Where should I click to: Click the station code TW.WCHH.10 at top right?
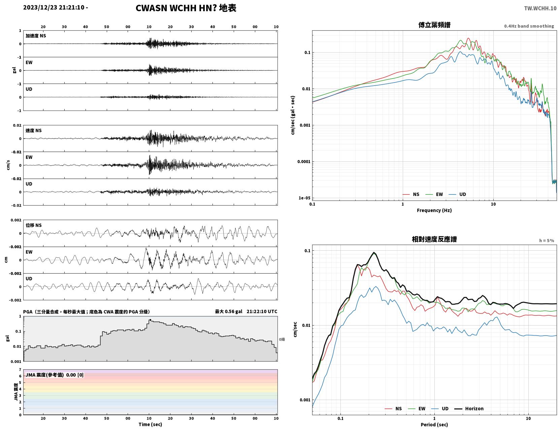pos(540,8)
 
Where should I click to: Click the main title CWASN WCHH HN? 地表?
pos(186,8)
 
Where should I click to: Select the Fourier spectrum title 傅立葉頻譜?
pos(434,25)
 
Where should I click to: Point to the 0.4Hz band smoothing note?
pos(529,26)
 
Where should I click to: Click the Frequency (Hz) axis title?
pos(434,210)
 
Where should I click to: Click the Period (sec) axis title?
pos(434,425)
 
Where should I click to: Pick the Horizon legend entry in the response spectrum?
pos(469,408)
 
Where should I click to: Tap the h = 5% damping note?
pos(547,241)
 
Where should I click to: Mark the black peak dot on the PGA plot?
pos(150,320)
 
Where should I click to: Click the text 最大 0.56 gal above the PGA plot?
pos(229,311)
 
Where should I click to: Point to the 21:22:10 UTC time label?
pos(262,311)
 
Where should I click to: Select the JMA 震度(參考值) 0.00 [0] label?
pos(55,375)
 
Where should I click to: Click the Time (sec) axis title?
pos(150,424)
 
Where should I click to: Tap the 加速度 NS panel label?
pos(36,36)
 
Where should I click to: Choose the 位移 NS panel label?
pos(33,225)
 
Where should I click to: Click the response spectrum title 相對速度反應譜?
pos(434,239)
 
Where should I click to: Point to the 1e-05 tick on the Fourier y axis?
pos(304,198)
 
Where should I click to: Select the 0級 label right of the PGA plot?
pos(282,339)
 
